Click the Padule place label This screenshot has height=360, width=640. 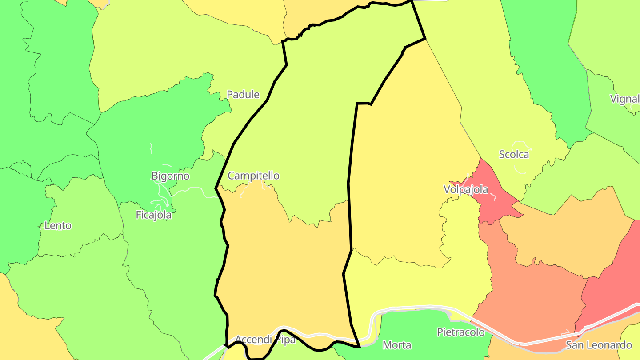(x=243, y=94)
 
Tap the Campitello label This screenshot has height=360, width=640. (x=253, y=176)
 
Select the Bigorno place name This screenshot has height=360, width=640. (x=170, y=176)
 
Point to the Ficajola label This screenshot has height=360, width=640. (x=153, y=215)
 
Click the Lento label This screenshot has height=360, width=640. (x=58, y=226)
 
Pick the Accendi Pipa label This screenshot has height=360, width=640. (x=265, y=340)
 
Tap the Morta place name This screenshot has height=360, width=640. (x=397, y=345)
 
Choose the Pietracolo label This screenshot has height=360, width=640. (x=460, y=332)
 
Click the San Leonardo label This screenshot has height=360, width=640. (x=598, y=345)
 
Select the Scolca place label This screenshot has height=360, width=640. (x=514, y=155)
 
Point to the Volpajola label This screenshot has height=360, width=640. (x=466, y=190)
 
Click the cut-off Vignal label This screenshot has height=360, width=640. (x=624, y=99)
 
